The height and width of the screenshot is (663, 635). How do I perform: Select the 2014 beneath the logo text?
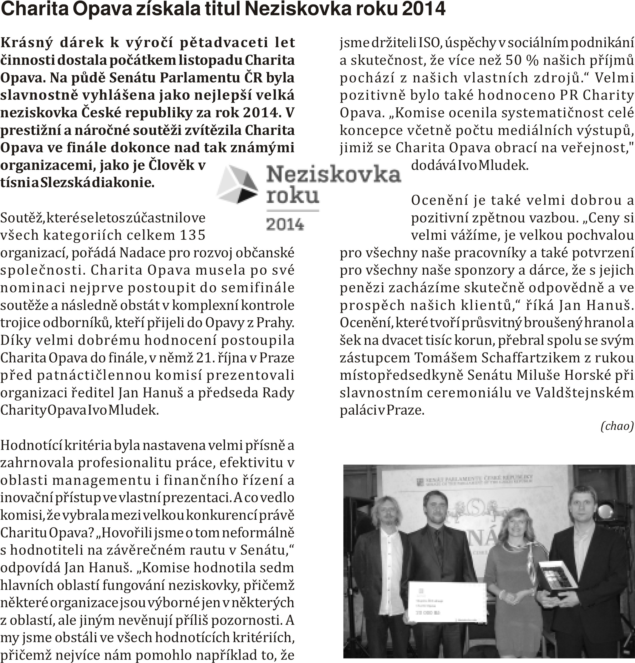pos(285,224)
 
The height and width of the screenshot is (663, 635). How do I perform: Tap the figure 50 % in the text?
pos(522,60)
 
